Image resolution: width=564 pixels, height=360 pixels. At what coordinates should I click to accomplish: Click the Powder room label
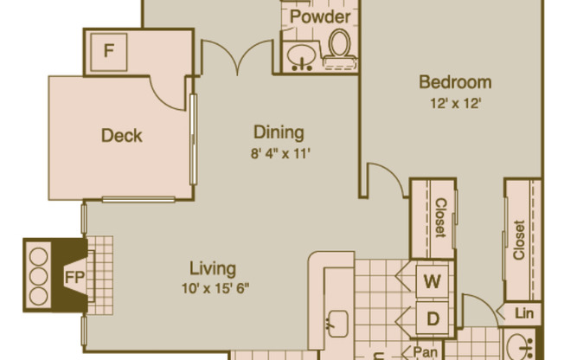click(x=320, y=17)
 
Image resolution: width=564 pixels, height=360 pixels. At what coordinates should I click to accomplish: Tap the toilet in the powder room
click(x=338, y=47)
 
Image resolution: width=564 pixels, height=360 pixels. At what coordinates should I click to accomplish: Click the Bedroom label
click(x=455, y=83)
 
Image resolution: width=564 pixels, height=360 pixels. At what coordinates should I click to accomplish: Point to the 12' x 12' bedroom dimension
click(x=455, y=102)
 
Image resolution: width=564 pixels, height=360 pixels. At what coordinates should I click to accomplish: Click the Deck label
click(x=121, y=136)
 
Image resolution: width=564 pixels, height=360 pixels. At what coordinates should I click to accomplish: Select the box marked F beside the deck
click(x=109, y=50)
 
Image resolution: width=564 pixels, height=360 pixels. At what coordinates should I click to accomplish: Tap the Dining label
click(x=279, y=132)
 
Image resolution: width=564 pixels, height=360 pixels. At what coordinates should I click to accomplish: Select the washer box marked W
click(x=432, y=280)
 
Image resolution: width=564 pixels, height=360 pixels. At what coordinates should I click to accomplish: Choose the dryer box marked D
click(x=432, y=317)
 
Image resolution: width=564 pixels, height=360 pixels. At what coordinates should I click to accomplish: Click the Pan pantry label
click(x=424, y=350)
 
